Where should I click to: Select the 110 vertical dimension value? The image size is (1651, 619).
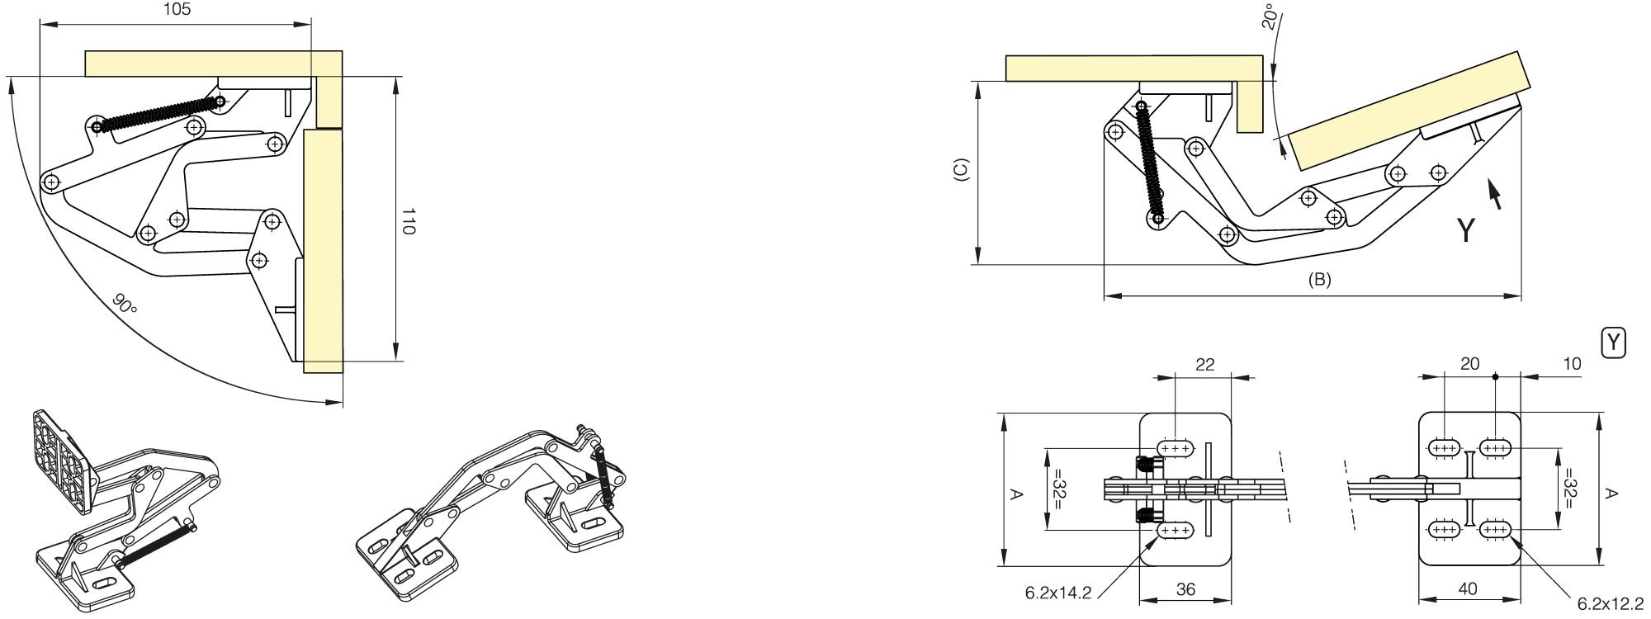(408, 220)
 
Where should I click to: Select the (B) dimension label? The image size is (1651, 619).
(1319, 280)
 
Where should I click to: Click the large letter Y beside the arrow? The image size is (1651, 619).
(1465, 230)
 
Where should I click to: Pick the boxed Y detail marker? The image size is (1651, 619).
(1613, 343)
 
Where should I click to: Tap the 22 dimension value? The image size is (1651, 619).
(1204, 364)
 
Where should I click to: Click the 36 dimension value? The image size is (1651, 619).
(1185, 589)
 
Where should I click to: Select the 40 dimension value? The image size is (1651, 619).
(1468, 589)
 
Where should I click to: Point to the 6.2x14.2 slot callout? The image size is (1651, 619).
(1058, 593)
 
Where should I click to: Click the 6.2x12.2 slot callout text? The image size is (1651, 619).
(1610, 604)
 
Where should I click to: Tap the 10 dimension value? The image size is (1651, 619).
(1571, 364)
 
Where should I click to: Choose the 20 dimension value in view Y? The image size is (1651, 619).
(1469, 364)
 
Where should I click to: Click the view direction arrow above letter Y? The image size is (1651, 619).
(1494, 194)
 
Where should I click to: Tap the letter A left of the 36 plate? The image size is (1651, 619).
(1017, 494)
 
